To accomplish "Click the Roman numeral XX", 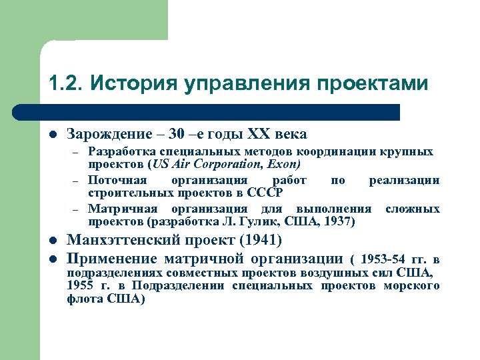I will [262, 134].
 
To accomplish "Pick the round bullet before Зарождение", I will [53, 135].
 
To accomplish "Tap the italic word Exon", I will [285, 163].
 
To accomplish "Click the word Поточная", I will [115, 180].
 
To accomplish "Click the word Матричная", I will [119, 209].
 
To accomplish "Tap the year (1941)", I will [259, 240].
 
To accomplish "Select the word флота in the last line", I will [85, 299].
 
